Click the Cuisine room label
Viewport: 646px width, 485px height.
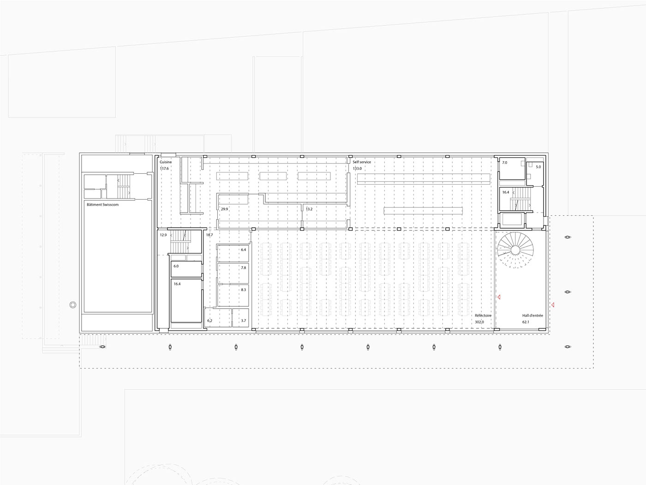click(x=165, y=162)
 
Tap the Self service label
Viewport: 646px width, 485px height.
click(x=362, y=162)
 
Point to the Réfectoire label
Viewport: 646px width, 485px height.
click(x=483, y=315)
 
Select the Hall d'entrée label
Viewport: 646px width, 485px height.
click(x=532, y=315)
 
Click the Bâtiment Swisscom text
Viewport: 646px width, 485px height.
click(x=102, y=204)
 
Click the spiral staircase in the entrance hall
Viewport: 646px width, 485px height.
click(x=515, y=250)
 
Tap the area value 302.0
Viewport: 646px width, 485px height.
click(x=479, y=322)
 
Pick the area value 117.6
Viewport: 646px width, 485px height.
click(x=164, y=169)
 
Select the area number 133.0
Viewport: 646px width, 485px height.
click(x=357, y=169)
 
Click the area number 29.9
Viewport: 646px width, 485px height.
click(x=224, y=209)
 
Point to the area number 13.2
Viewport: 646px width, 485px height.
click(x=309, y=209)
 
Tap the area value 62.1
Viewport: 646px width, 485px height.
click(x=526, y=322)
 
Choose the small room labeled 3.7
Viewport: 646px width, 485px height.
click(x=240, y=317)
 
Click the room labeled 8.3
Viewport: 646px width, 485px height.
click(x=233, y=295)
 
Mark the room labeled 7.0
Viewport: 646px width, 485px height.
click(x=512, y=169)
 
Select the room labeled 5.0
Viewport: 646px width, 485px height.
click(x=535, y=174)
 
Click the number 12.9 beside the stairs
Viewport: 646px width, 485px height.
click(x=163, y=235)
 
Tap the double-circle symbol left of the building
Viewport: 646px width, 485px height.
click(x=73, y=305)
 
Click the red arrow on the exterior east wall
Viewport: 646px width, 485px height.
click(x=553, y=305)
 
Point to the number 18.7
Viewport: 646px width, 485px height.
click(x=209, y=235)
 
